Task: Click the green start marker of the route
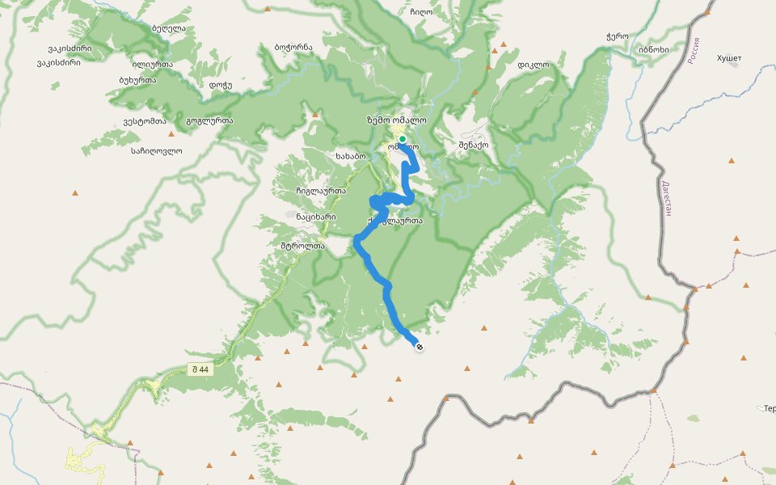pyautogui.click(x=402, y=139)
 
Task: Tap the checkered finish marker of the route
pyautogui.click(x=420, y=347)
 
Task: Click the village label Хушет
pyautogui.click(x=728, y=58)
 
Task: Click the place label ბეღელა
pyautogui.click(x=168, y=28)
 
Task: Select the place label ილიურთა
pyautogui.click(x=151, y=64)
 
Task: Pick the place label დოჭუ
pyautogui.click(x=220, y=85)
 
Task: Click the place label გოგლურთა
pyautogui.click(x=209, y=121)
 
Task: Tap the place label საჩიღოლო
pyautogui.click(x=156, y=150)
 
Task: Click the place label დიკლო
pyautogui.click(x=533, y=65)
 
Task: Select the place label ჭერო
pyautogui.click(x=617, y=36)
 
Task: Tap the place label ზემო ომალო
pyautogui.click(x=396, y=120)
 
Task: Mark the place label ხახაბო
pyautogui.click(x=350, y=155)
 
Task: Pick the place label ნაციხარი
pyautogui.click(x=315, y=217)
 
